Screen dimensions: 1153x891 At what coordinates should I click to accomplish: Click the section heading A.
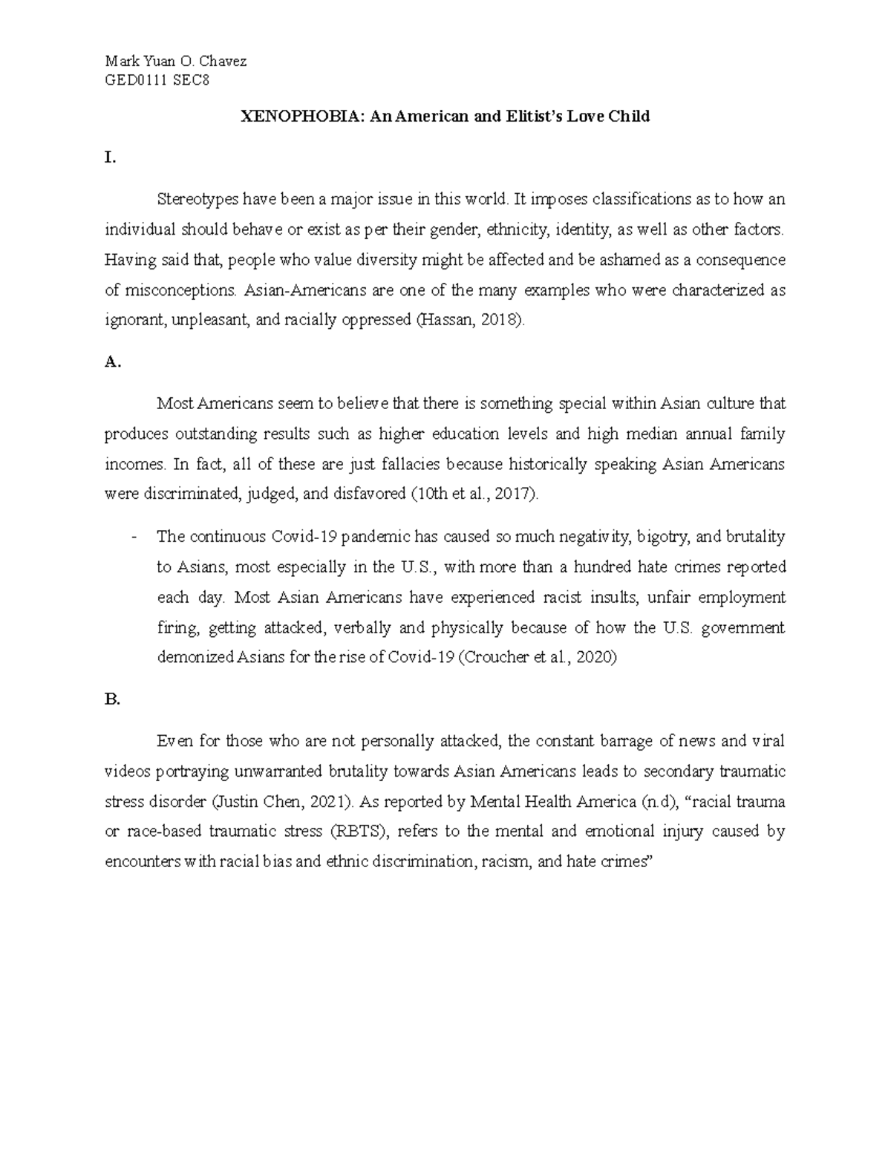[x=112, y=362]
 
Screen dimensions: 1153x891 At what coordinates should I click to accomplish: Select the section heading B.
[x=112, y=699]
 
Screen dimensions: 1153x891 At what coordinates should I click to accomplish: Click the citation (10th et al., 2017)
[x=474, y=494]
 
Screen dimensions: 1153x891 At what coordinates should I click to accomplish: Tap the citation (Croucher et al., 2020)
[x=537, y=658]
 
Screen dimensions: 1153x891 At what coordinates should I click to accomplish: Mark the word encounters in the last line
[x=143, y=863]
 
